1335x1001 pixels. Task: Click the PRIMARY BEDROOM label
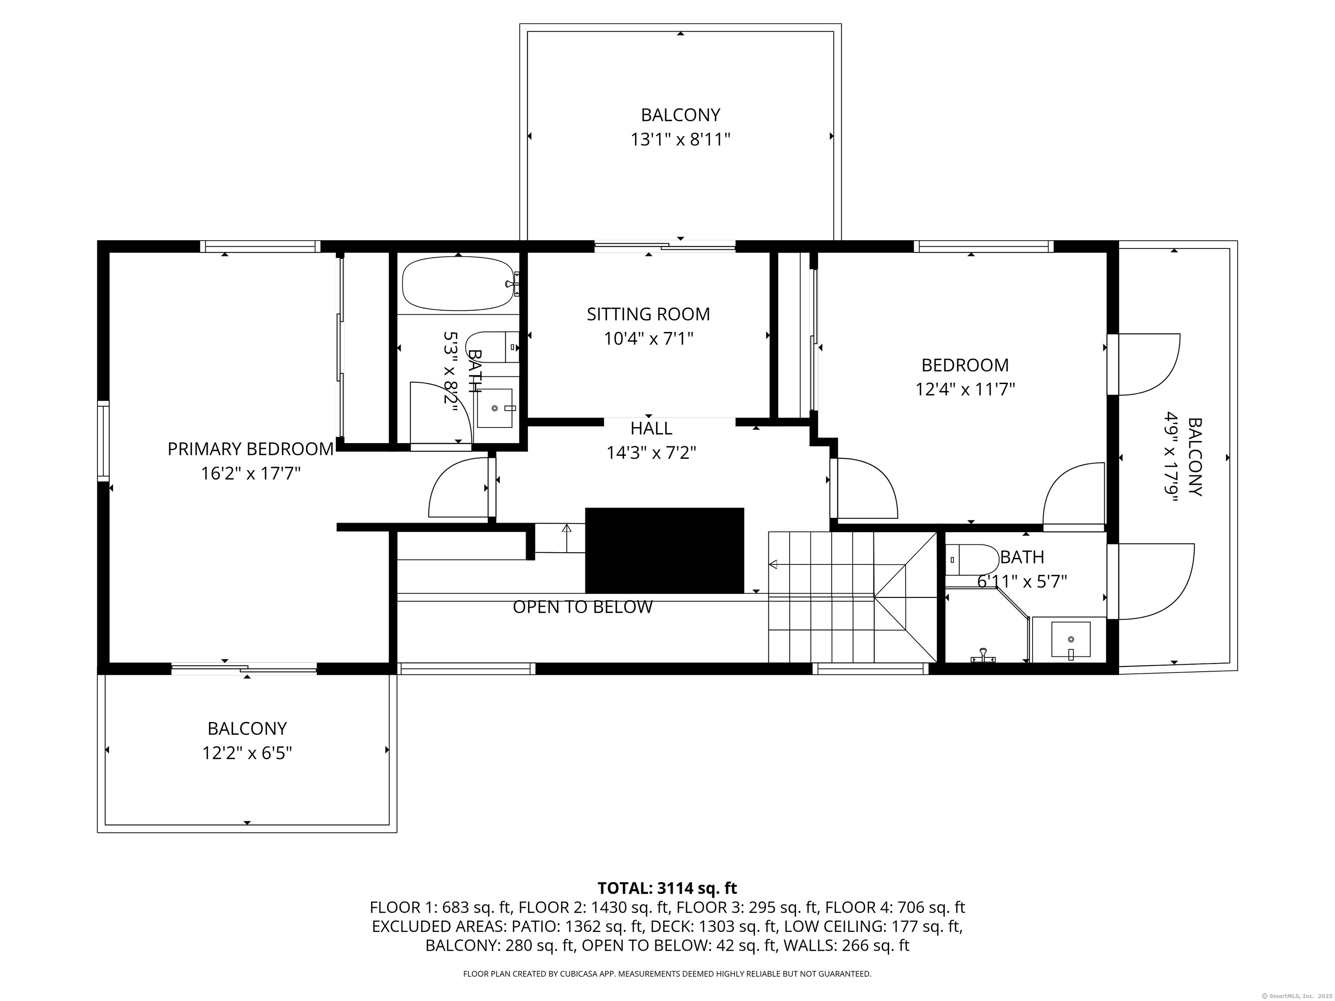pyautogui.click(x=250, y=449)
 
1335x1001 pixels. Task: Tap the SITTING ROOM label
pyautogui.click(x=648, y=315)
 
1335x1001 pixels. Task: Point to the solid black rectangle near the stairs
pyautogui.click(x=664, y=550)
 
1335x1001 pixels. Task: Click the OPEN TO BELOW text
pyautogui.click(x=582, y=607)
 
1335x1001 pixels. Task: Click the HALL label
pyautogui.click(x=651, y=428)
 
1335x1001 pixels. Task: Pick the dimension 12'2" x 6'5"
pyautogui.click(x=247, y=754)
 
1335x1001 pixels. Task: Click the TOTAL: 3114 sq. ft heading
pyautogui.click(x=667, y=888)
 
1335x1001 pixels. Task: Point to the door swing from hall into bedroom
pyautogui.click(x=866, y=489)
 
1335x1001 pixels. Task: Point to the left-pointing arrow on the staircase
pyautogui.click(x=773, y=565)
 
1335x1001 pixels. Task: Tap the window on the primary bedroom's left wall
pyautogui.click(x=104, y=441)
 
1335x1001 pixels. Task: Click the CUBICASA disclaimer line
pyautogui.click(x=667, y=974)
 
